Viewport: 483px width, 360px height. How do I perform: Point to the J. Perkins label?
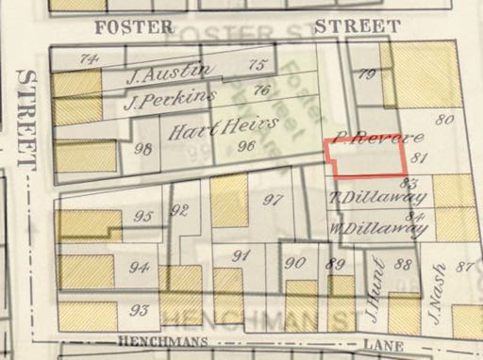[x=163, y=97]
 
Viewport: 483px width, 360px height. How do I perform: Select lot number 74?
[x=89, y=58]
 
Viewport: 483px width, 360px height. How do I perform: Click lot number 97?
[x=274, y=199]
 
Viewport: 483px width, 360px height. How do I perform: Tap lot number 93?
[x=141, y=310]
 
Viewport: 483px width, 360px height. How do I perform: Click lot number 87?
[x=463, y=266]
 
